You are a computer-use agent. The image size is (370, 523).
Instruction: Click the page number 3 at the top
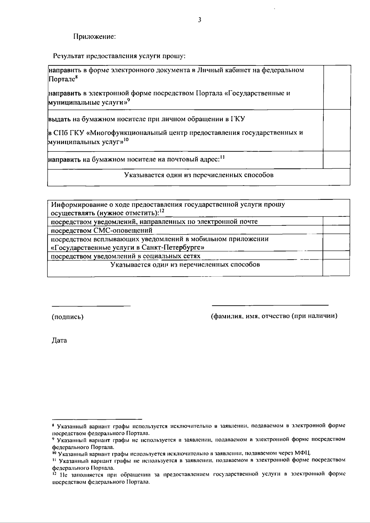point(200,20)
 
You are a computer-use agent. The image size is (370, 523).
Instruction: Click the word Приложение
point(94,37)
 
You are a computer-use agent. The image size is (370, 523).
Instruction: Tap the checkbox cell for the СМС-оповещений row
point(336,230)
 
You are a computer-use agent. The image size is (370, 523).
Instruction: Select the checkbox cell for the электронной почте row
point(336,221)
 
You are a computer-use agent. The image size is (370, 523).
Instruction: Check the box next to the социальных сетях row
point(336,255)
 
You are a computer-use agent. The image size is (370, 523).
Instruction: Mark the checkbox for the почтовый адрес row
point(336,160)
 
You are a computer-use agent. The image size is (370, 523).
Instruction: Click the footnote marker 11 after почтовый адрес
point(222,157)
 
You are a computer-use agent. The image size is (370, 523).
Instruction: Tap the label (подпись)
point(68,317)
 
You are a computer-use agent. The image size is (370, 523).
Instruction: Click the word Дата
point(59,341)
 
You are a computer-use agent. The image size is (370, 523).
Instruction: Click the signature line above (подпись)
point(91,306)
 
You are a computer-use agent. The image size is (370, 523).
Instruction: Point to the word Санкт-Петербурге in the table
point(174,248)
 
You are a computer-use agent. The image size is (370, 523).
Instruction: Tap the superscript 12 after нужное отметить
point(162,211)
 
